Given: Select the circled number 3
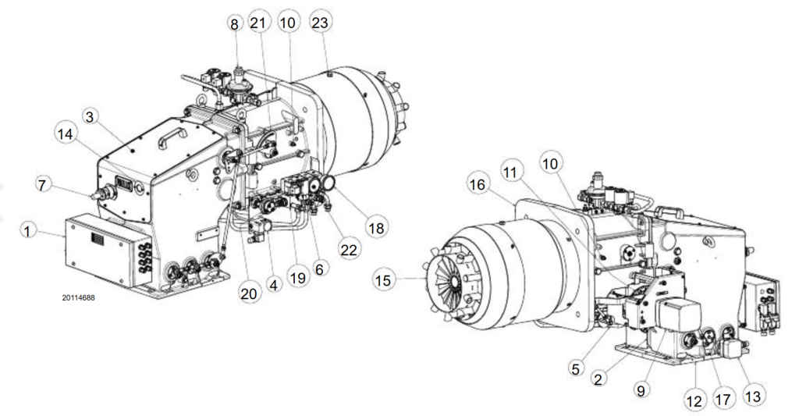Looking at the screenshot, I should coord(91,117).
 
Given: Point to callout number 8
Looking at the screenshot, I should coord(233,24).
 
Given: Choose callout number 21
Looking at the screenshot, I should coord(259,24).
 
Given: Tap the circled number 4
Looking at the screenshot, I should coord(274,285).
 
